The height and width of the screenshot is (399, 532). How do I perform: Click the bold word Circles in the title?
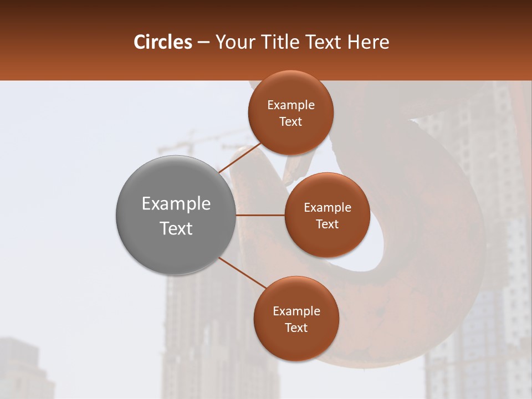[x=162, y=42]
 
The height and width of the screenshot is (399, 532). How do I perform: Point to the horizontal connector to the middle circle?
[x=260, y=215]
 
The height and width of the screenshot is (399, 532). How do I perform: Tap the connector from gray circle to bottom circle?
[x=242, y=273]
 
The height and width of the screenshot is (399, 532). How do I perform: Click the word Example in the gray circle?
[x=176, y=204]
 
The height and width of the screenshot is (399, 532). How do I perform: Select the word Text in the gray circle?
[x=176, y=228]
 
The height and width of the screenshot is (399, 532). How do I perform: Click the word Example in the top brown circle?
[x=290, y=105]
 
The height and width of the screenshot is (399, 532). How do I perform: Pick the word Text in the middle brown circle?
[x=327, y=224]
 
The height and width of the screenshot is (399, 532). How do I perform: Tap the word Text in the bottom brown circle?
[x=296, y=328]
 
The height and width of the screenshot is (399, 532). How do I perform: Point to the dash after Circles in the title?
[x=203, y=43]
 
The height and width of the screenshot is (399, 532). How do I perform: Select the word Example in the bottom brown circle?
[x=296, y=311]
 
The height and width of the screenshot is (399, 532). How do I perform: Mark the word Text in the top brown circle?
[x=290, y=122]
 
